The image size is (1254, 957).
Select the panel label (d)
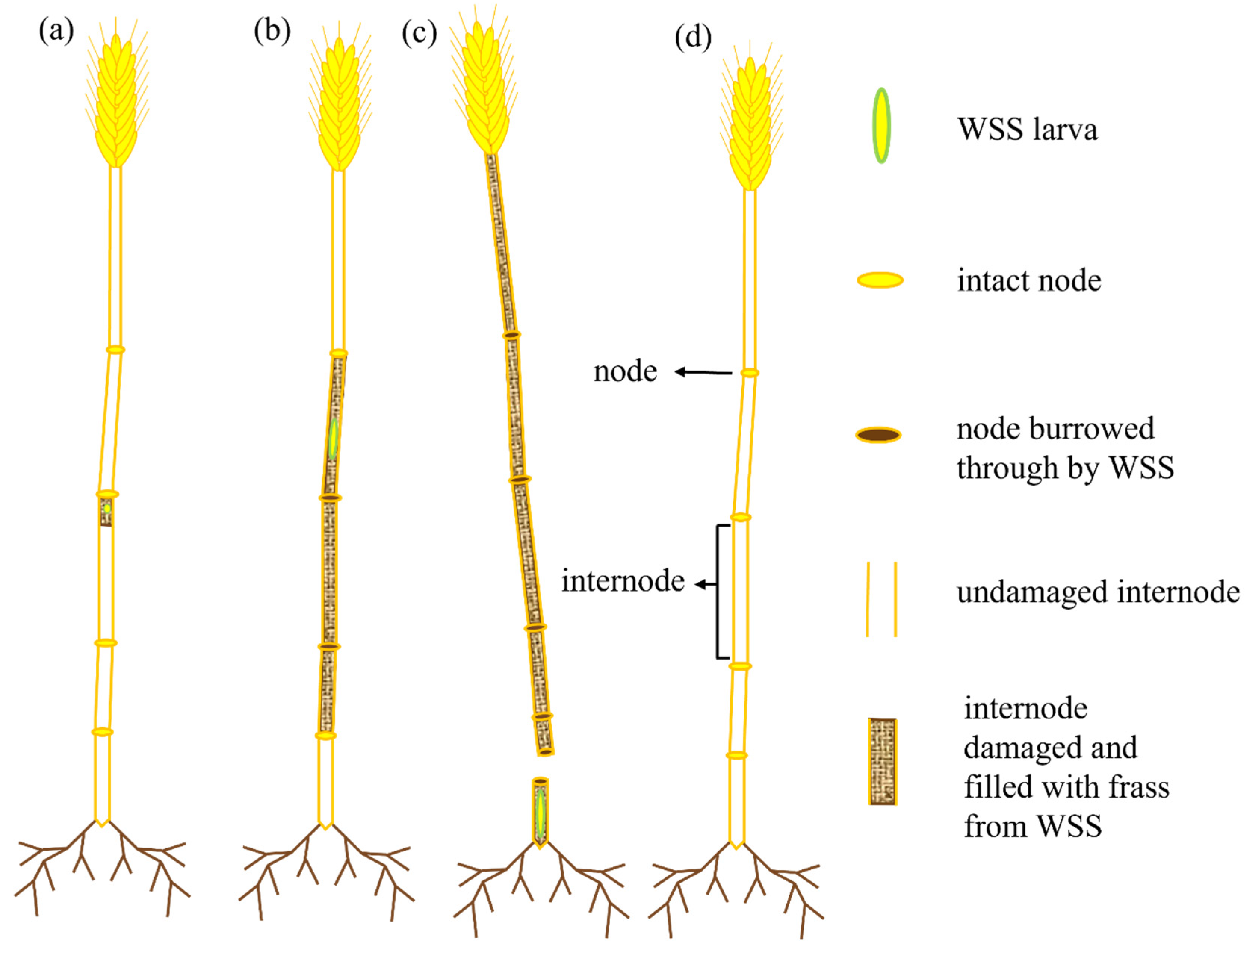click(693, 37)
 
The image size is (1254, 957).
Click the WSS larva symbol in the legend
click(881, 126)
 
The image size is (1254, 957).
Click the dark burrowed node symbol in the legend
click(878, 435)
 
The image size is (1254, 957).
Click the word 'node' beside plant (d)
click(625, 371)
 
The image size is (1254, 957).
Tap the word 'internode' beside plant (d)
click(622, 581)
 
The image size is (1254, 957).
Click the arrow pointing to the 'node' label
click(703, 372)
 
